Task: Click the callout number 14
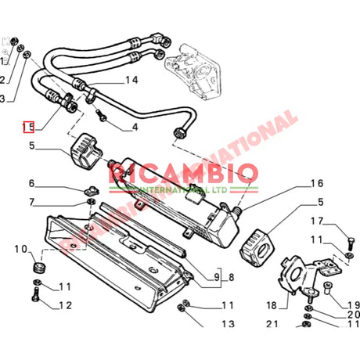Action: tap(130, 80)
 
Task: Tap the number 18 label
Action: tap(272, 305)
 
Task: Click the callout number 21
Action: tap(272, 323)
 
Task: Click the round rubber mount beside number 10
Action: tap(36, 268)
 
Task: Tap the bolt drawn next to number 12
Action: tap(36, 295)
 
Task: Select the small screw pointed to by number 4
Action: tap(101, 118)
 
